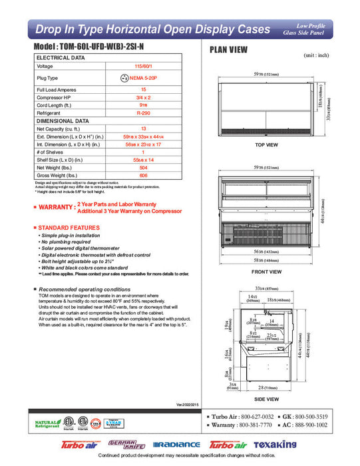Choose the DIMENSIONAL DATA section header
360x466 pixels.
point(63,121)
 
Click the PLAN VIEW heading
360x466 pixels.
point(230,49)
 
